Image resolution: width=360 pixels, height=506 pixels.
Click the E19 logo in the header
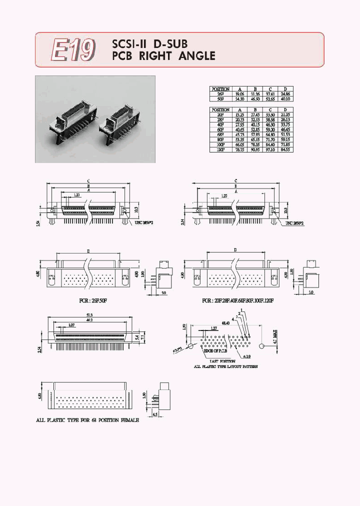(x=73, y=50)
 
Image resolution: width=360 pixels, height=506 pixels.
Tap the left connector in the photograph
(x=69, y=122)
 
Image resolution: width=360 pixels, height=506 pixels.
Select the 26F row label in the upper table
(x=220, y=93)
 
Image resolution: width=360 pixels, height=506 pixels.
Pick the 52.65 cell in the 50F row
(x=270, y=98)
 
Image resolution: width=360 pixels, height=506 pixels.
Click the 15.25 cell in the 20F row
(x=239, y=114)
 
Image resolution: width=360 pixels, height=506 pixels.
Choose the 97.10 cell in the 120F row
(x=270, y=149)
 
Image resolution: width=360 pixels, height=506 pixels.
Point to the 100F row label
(x=220, y=144)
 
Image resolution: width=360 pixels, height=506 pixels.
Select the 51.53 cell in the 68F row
(x=285, y=134)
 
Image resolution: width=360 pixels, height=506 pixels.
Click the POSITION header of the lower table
(x=220, y=109)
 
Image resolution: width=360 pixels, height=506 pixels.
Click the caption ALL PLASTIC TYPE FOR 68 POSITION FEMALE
(x=87, y=420)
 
